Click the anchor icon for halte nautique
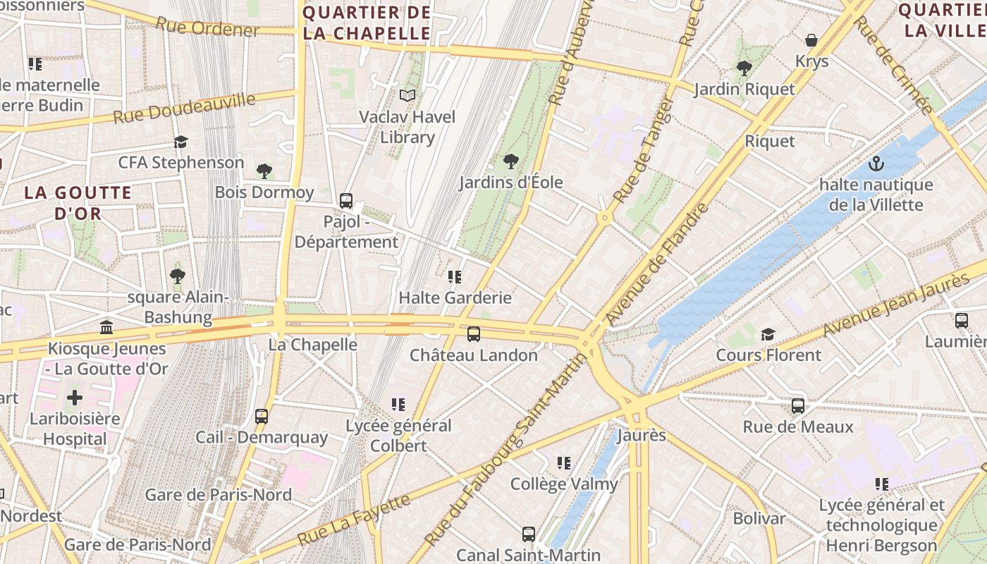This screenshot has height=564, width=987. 876,164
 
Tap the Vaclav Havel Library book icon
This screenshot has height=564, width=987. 407,95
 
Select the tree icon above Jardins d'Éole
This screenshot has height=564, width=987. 511,161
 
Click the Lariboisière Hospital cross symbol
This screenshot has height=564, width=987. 75,397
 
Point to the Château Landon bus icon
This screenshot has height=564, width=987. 474,334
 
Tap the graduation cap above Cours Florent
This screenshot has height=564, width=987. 768,334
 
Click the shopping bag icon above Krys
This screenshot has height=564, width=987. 811,40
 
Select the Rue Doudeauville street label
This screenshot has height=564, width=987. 184,107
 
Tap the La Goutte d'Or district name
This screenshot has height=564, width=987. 78,202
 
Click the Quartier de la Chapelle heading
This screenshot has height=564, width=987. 366,23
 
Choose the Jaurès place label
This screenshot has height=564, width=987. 642,435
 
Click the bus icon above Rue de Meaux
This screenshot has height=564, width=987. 798,406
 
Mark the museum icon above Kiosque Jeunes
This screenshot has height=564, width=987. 106,327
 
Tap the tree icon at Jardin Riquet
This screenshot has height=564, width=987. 744,68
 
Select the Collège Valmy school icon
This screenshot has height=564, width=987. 563,463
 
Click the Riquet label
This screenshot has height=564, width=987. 770,141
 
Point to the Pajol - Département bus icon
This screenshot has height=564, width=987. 346,201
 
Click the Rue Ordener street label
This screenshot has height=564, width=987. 207,27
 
